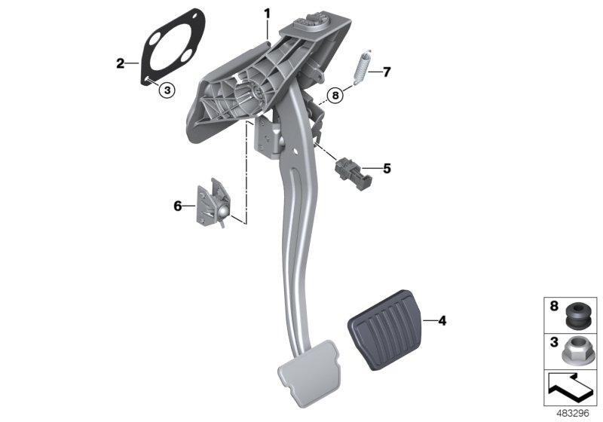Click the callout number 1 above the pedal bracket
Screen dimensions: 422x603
[266, 14]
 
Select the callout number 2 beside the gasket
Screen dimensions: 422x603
[120, 63]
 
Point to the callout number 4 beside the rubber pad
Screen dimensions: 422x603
[442, 321]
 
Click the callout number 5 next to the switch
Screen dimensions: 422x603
[387, 169]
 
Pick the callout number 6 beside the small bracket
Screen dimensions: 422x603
[178, 205]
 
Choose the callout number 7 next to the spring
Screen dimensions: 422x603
[387, 72]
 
